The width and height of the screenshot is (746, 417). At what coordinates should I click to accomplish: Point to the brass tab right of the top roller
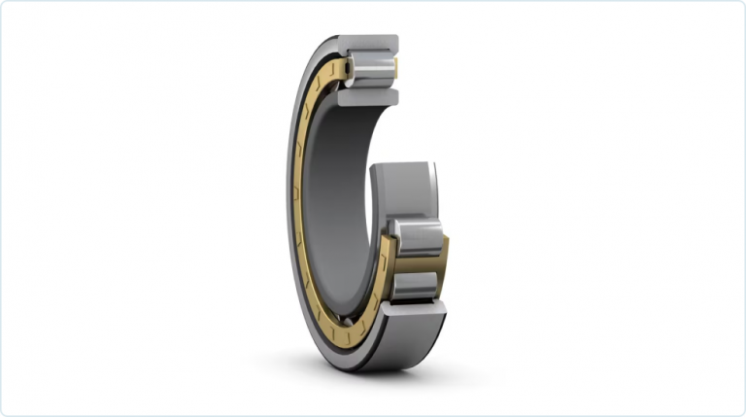click(395, 67)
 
